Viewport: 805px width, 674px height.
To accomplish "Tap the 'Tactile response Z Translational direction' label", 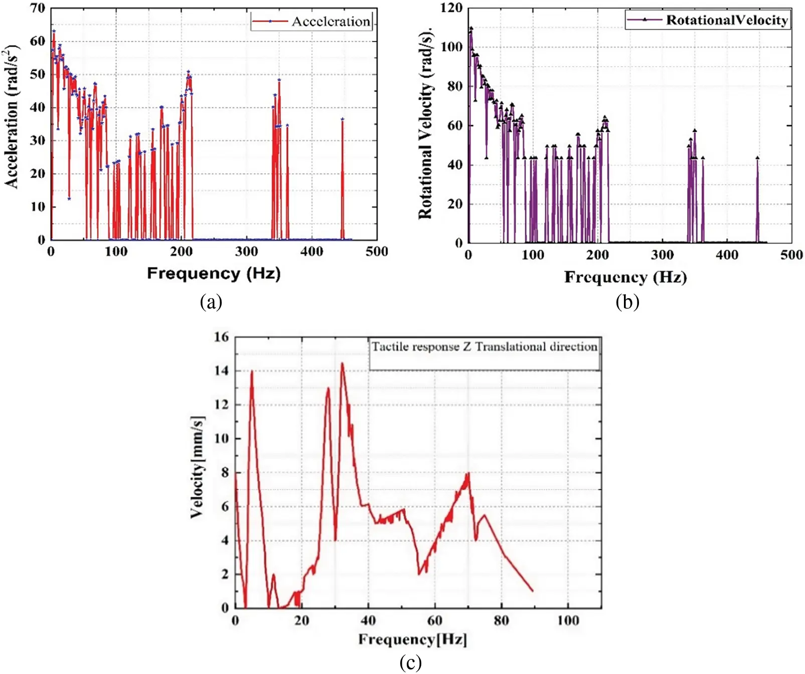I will pyautogui.click(x=485, y=347).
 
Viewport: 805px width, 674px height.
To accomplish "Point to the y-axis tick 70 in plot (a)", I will pyautogui.click(x=38, y=8).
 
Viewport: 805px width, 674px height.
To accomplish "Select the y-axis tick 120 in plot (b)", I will pyautogui.click(x=451, y=8).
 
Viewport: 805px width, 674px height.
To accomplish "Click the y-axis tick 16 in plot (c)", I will pyautogui.click(x=221, y=337).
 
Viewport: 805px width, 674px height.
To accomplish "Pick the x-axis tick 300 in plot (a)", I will pyautogui.click(x=246, y=252).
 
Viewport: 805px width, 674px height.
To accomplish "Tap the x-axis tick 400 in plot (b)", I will pyautogui.click(x=727, y=255).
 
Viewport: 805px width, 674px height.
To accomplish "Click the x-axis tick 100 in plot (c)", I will pyautogui.click(x=568, y=620).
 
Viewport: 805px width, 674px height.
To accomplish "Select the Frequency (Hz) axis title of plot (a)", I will pyautogui.click(x=214, y=274).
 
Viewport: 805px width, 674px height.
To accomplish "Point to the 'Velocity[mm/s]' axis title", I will pyautogui.click(x=198, y=467).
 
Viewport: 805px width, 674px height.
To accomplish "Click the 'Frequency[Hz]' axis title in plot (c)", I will pyautogui.click(x=412, y=639).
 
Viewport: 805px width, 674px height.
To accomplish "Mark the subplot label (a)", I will pyautogui.click(x=211, y=302).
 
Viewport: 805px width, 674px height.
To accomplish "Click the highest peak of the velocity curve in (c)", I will pyautogui.click(x=342, y=363).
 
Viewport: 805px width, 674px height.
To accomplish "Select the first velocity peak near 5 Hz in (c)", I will pyautogui.click(x=252, y=371).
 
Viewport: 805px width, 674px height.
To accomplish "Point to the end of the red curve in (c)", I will pyautogui.click(x=532, y=591).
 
